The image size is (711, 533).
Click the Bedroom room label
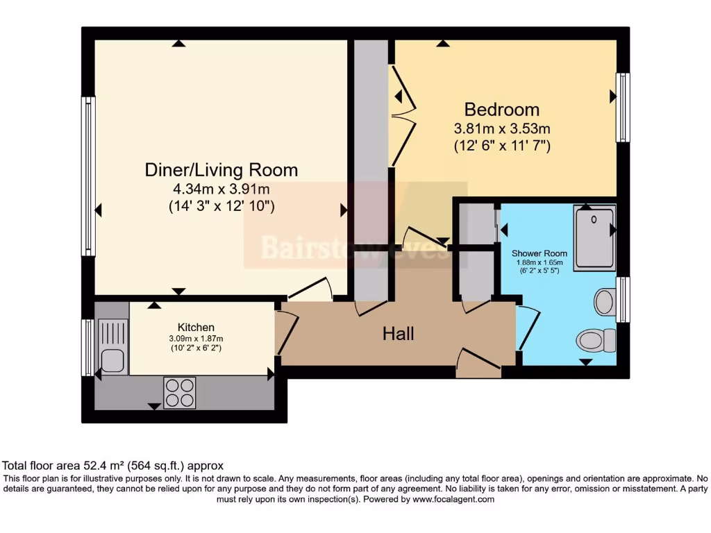(x=501, y=110)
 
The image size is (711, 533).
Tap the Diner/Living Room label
(x=221, y=170)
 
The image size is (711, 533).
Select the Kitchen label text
(x=196, y=327)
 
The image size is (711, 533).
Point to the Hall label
(x=399, y=334)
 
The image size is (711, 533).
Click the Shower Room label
(x=539, y=253)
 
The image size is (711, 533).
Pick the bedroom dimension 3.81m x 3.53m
(x=501, y=128)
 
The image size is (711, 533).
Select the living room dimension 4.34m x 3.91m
(x=221, y=189)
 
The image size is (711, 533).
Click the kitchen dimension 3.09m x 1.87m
(x=196, y=338)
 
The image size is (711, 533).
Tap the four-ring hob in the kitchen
(x=179, y=392)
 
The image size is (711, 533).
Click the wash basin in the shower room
(x=605, y=303)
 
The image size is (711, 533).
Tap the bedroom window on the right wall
(x=623, y=108)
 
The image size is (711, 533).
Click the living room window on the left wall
(x=88, y=176)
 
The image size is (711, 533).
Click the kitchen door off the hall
(x=286, y=333)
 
